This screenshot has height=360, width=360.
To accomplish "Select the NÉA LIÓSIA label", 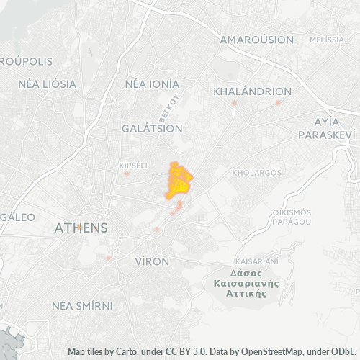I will (x=47, y=84).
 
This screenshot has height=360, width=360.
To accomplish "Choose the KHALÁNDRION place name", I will (x=253, y=91).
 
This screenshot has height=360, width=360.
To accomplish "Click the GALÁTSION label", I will (x=152, y=128).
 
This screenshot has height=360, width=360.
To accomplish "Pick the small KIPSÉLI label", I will (x=132, y=166).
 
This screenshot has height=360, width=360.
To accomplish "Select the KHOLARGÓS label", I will (x=256, y=173).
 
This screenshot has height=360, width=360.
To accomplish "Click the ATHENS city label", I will (x=81, y=228).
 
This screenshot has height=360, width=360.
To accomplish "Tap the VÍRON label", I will (x=152, y=261).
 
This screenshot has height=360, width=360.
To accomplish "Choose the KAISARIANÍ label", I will (x=256, y=261).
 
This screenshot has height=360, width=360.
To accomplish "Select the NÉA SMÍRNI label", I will (x=82, y=305).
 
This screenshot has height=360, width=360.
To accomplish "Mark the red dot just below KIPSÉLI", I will (x=127, y=174).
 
